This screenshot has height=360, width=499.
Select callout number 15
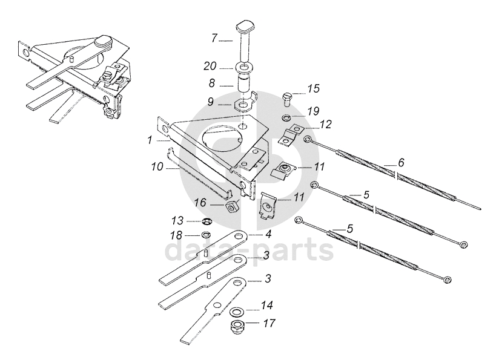(x=313, y=89)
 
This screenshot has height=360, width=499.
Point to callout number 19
(x=313, y=111)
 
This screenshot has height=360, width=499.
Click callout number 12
(x=326, y=125)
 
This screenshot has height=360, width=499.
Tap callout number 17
(x=269, y=322)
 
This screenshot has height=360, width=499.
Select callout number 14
(x=266, y=306)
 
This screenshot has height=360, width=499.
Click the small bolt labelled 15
(x=288, y=96)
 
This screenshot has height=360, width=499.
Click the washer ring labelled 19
(x=286, y=117)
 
